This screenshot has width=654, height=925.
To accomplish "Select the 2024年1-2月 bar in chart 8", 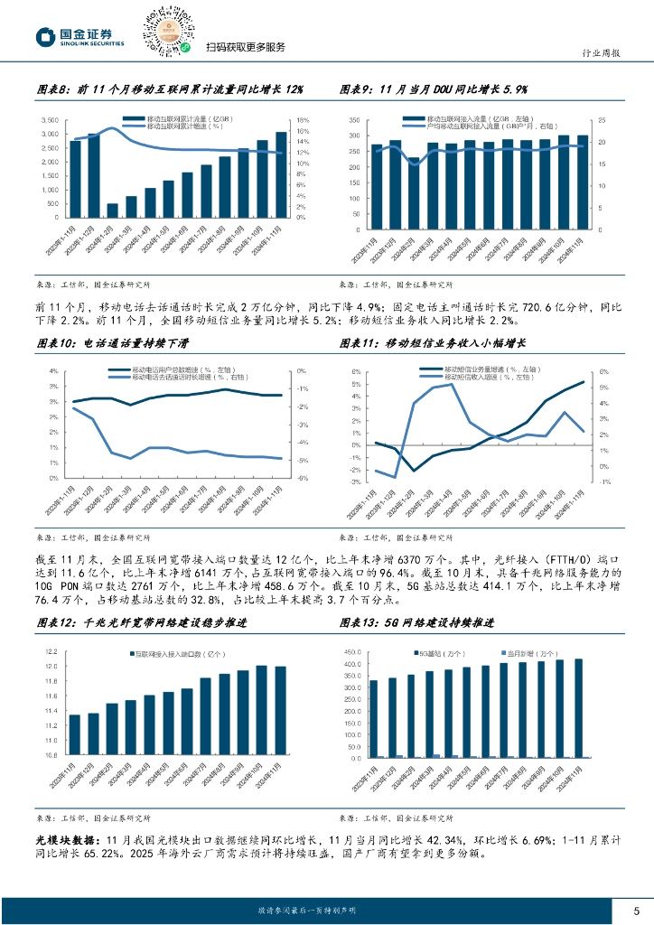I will pos(112,210).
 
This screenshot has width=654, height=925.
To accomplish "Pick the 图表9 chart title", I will pos(433,89).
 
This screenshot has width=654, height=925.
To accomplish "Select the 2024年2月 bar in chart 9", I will pos(414,188).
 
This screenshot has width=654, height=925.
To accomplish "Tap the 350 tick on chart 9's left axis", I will pos(354,121).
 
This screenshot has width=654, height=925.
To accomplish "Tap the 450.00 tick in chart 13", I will pos(350,652).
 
